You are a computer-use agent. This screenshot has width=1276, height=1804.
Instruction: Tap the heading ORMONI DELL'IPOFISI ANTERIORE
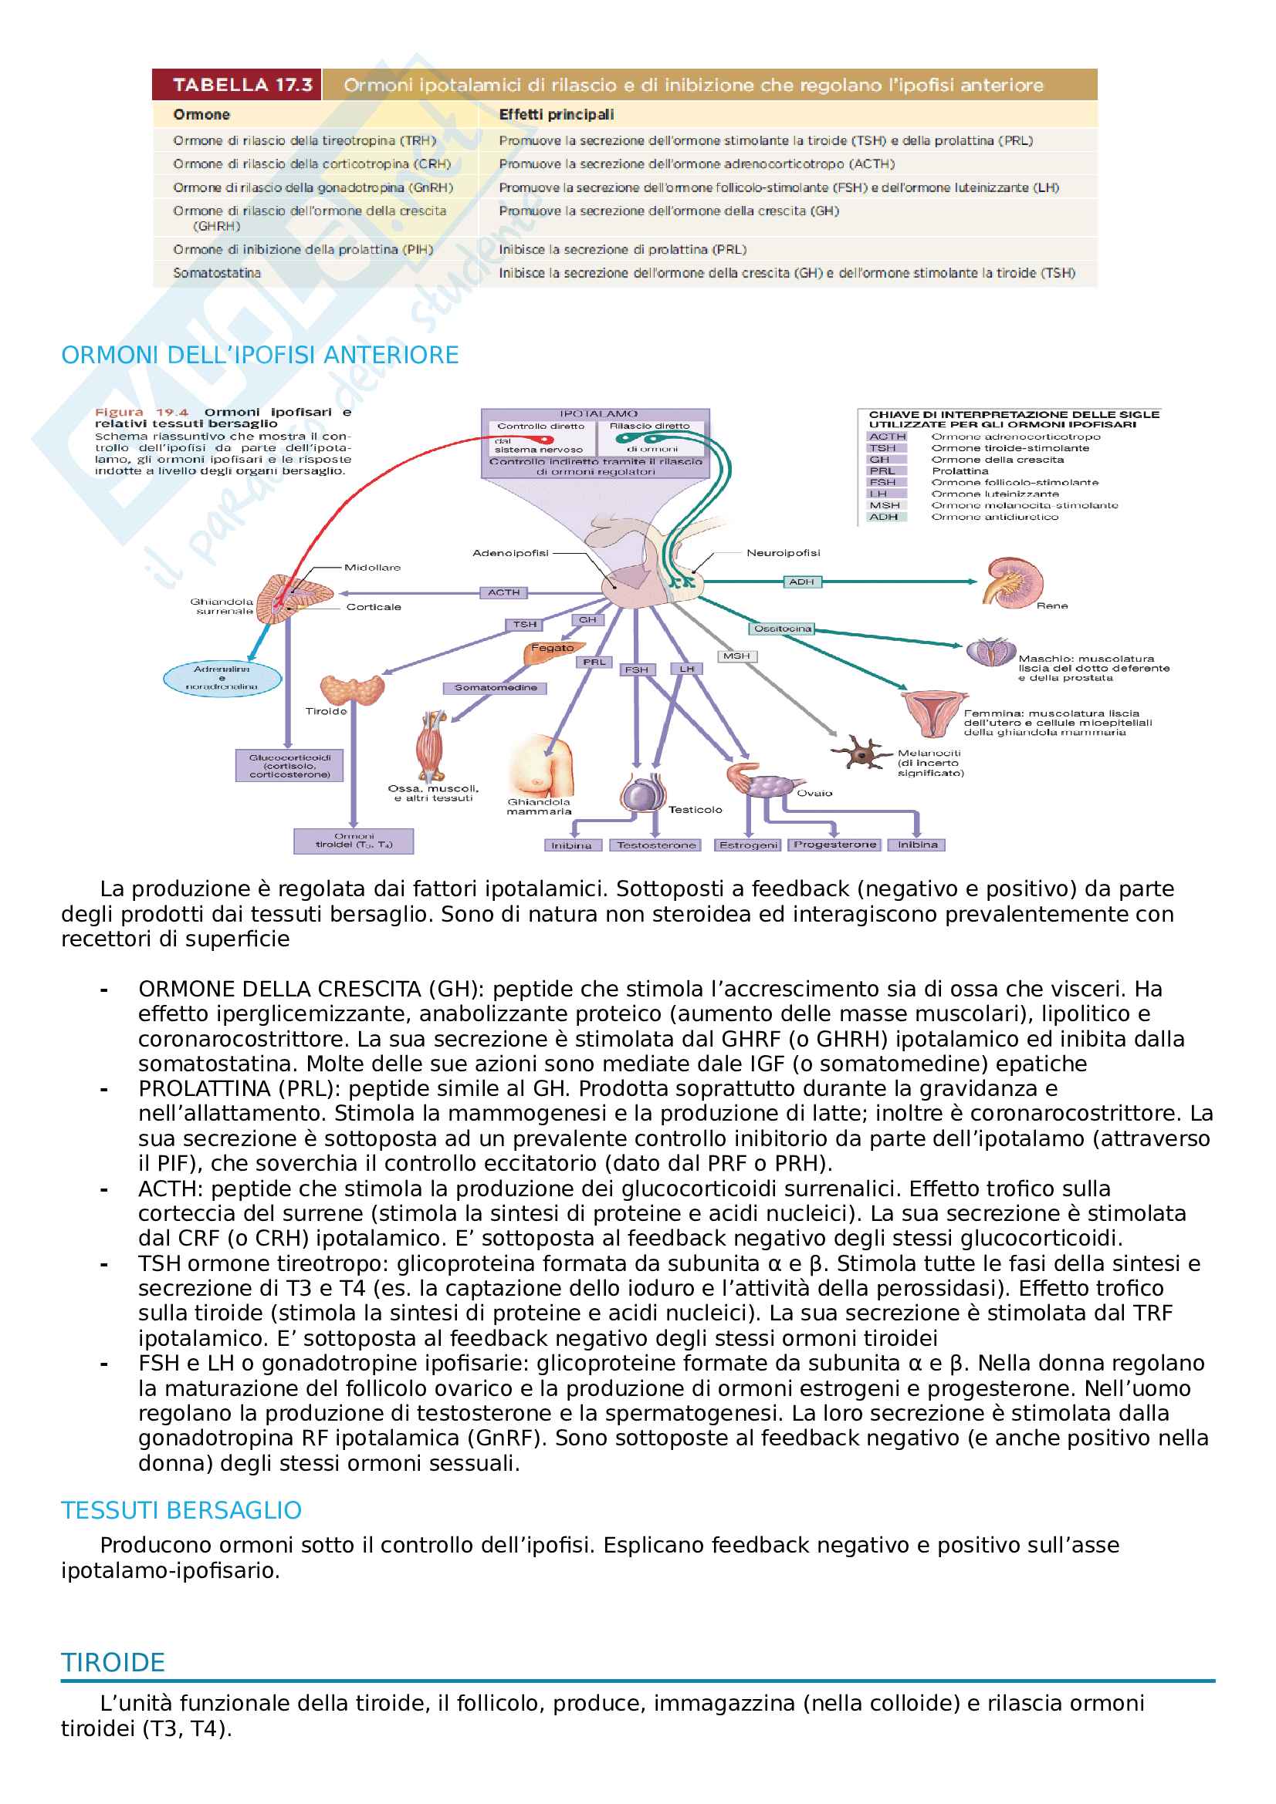pos(259,355)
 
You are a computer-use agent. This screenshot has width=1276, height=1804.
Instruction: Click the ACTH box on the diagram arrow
pos(503,592)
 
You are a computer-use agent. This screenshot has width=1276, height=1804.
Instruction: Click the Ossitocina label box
pos(781,629)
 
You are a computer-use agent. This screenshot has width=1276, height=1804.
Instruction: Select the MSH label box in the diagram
pos(736,656)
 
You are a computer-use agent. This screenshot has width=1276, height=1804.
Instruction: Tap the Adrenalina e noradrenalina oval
pos(222,678)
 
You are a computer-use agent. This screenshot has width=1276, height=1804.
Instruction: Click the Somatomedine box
pos(496,687)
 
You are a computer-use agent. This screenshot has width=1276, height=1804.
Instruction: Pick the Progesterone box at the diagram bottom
pos(834,845)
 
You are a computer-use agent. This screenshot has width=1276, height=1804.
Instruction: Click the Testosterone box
pos(655,845)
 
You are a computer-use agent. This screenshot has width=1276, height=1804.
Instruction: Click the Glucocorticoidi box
pos(289,766)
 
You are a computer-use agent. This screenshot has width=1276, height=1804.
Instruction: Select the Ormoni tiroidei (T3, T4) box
pos(354,841)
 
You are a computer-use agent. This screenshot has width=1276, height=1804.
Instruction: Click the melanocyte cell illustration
pos(861,753)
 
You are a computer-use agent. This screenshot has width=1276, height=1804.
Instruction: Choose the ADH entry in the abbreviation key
pos(884,517)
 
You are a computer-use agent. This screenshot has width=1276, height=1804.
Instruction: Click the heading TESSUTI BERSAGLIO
pos(181,1511)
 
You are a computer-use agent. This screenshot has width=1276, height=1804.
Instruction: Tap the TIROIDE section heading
pos(113,1663)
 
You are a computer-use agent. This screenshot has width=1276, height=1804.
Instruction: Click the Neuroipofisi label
pos(783,553)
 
